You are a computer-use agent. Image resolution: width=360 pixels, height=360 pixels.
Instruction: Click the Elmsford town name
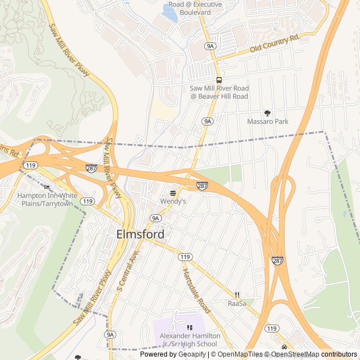(141, 235)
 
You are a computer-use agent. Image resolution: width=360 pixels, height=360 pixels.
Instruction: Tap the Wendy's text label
(173, 201)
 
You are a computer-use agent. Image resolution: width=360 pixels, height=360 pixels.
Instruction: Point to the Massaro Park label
(267, 121)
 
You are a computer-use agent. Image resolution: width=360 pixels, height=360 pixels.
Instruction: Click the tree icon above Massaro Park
(267, 113)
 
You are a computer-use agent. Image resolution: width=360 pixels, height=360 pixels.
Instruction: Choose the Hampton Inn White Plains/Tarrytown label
(47, 199)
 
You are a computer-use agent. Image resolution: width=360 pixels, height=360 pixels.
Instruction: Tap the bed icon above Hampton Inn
(47, 187)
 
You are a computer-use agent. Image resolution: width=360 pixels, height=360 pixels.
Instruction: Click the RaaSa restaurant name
(237, 303)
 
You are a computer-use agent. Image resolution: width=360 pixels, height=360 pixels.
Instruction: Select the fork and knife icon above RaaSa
(237, 295)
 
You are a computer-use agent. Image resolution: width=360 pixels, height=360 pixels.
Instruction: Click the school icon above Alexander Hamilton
(188, 327)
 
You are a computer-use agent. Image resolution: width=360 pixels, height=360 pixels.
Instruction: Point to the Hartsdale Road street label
(196, 290)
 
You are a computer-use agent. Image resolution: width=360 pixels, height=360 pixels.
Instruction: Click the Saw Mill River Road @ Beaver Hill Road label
(219, 92)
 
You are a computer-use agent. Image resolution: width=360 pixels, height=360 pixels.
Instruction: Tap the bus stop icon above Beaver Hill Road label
(219, 80)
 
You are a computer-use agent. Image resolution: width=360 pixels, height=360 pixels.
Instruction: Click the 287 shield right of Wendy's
(202, 185)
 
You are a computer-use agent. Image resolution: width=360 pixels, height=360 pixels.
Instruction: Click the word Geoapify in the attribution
(190, 354)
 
